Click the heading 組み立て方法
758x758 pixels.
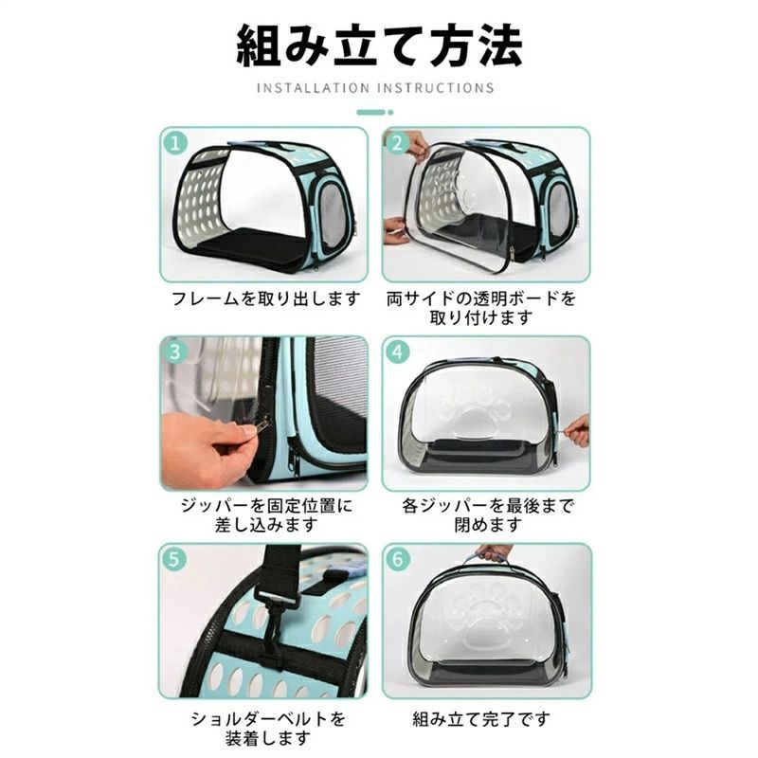coord(380,45)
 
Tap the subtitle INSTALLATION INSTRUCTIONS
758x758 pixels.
coord(375,88)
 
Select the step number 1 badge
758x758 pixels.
coord(175,143)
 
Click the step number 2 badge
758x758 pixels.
coord(397,143)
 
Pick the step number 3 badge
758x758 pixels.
coord(175,352)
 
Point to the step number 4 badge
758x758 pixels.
coord(397,352)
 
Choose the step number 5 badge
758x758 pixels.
coord(174,559)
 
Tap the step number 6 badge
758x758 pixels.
coord(397,559)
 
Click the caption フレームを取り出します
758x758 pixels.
coord(266,298)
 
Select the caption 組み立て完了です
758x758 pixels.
coord(482,719)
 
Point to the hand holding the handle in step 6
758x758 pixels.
coord(493,552)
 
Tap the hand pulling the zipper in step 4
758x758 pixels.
coord(577,430)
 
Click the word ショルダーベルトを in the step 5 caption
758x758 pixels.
coord(268,719)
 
